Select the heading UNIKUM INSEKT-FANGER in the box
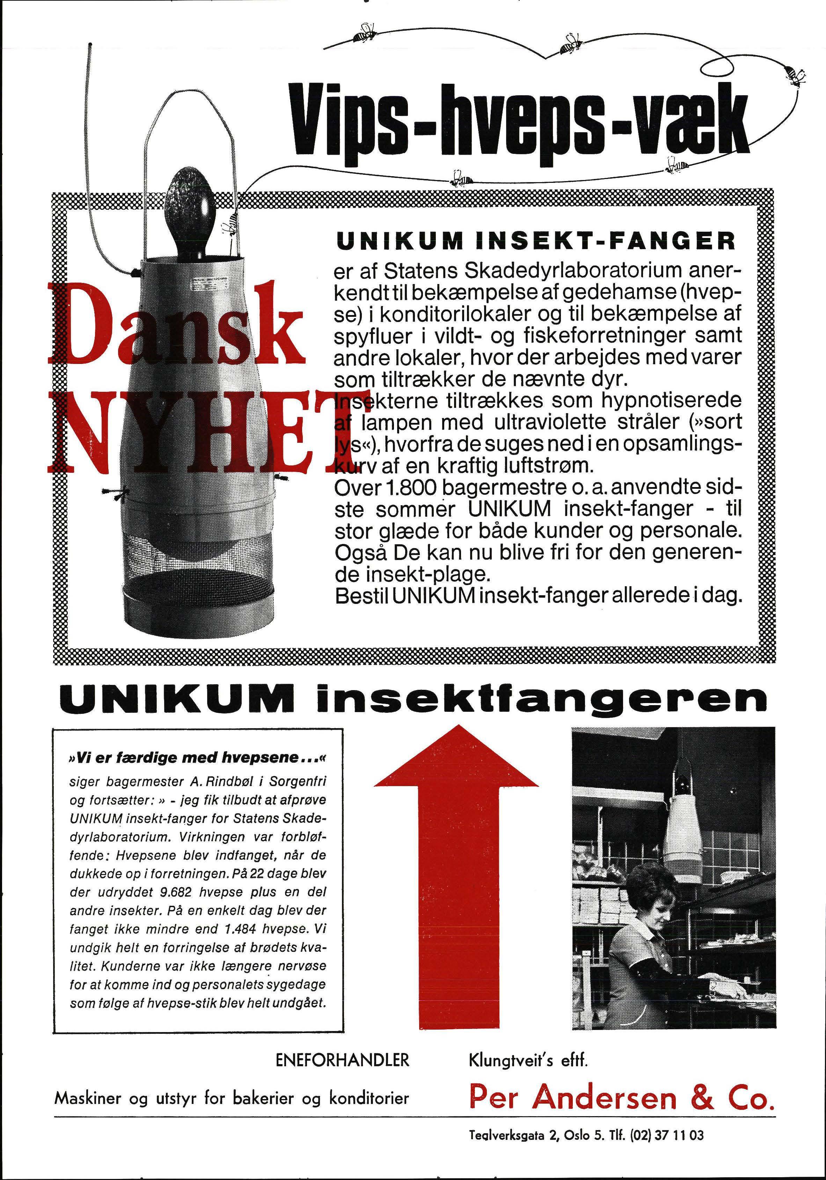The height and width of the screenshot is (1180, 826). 535,241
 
